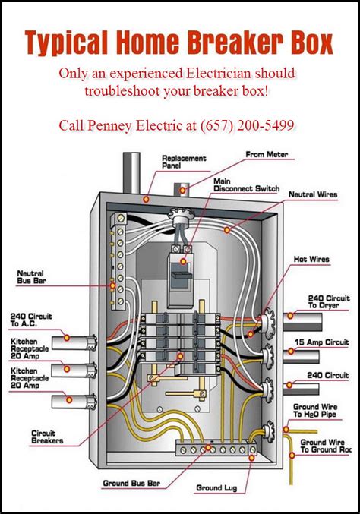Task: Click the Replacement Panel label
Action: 182,162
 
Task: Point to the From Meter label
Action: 266,154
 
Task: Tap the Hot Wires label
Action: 311,260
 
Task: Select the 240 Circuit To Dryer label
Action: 329,302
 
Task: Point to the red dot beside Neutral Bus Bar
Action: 112,285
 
